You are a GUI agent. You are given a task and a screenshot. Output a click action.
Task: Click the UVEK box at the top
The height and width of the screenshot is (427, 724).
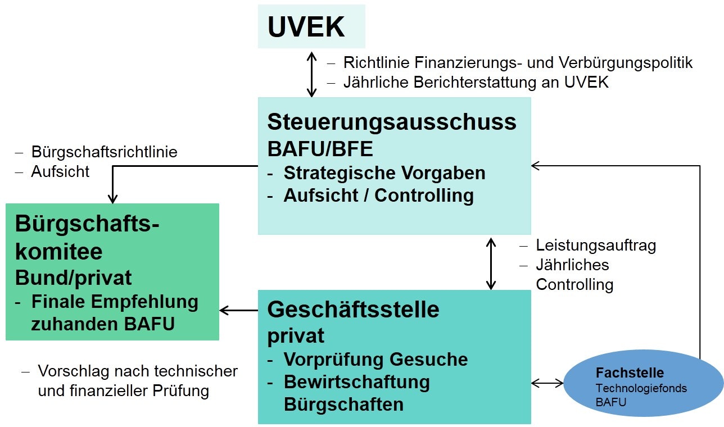point(311,26)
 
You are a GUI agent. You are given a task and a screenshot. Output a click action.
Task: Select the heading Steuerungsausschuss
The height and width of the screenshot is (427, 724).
point(392,121)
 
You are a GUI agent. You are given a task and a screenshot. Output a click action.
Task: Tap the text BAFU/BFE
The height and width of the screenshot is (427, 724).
point(320,149)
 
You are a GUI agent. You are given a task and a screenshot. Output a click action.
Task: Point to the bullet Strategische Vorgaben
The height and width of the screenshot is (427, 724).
point(384,172)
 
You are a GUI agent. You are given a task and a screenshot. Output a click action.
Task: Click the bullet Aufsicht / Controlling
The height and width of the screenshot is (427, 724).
point(378,196)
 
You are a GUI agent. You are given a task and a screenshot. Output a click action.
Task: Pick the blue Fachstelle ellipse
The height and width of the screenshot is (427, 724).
point(643,383)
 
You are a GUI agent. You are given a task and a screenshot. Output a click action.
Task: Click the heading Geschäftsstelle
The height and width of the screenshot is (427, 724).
point(353,309)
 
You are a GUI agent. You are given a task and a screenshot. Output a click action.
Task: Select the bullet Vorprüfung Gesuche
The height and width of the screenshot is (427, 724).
point(375,359)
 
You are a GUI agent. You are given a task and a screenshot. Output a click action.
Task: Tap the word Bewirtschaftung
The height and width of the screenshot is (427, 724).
point(356,381)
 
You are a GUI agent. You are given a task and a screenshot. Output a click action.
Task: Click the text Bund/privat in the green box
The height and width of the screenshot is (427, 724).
point(73,278)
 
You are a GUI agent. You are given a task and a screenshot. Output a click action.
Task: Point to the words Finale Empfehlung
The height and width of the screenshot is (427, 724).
point(115,302)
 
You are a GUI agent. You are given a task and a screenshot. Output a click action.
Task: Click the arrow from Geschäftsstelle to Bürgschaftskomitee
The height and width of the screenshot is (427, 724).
point(238,310)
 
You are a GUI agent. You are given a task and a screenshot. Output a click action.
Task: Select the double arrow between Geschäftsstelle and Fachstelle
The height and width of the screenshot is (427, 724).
point(547,383)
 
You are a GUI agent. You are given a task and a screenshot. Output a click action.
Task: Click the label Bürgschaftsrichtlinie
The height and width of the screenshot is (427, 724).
point(105,152)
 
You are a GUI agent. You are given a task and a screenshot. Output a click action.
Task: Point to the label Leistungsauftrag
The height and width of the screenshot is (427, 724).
point(596,245)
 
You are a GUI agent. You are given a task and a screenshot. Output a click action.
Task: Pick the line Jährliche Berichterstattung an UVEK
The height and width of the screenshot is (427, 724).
point(476,82)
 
